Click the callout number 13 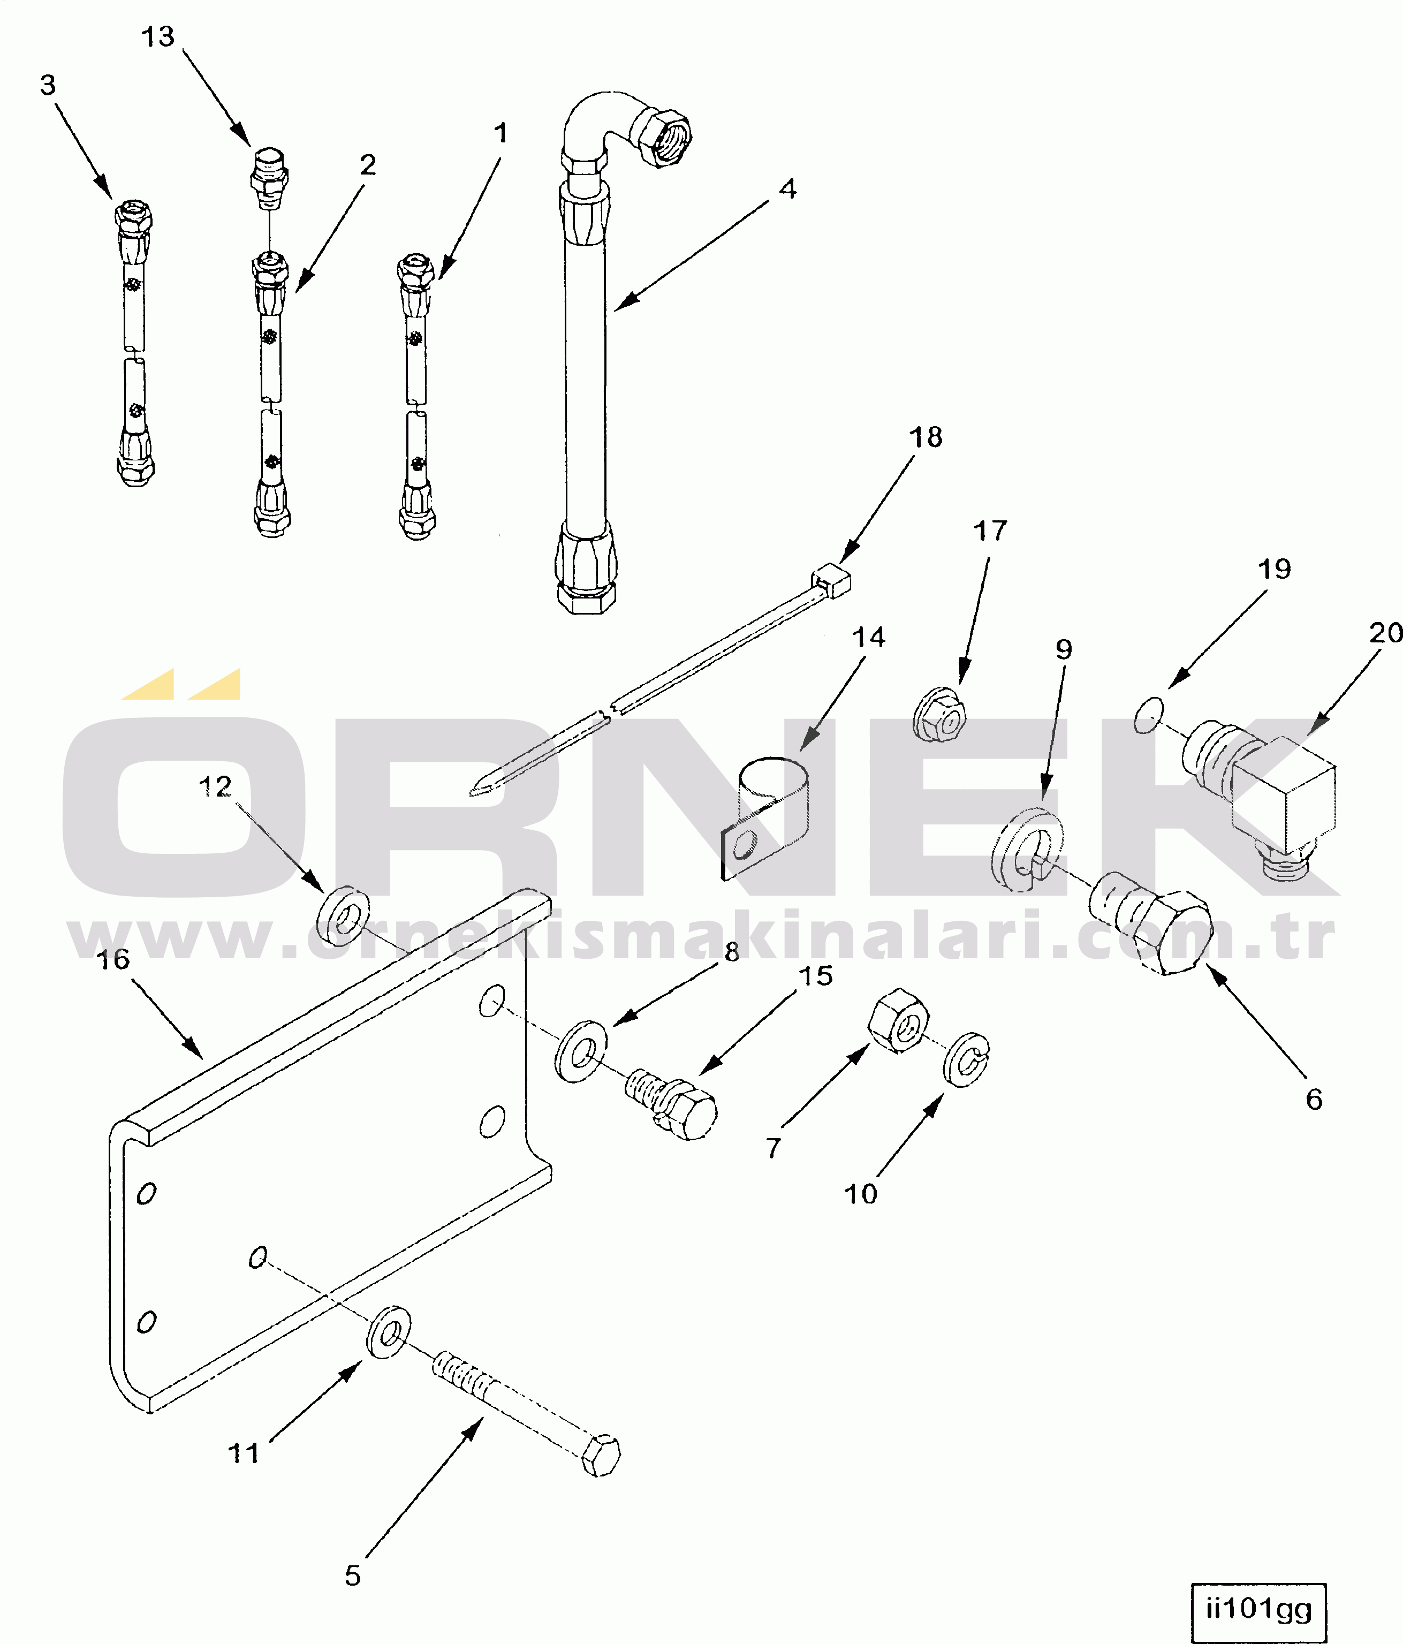157,36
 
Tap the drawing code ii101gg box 1258,1611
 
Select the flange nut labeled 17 941,715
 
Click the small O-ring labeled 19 1149,715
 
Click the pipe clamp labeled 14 766,817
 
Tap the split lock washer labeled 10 967,1059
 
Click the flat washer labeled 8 581,1051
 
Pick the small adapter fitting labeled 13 268,178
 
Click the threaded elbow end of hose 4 660,135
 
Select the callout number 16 113,959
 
